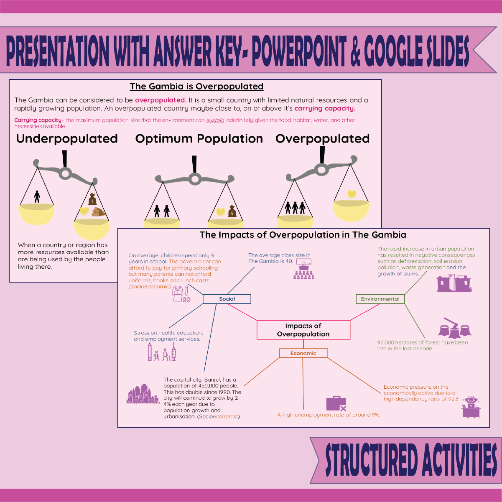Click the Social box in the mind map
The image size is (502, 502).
[x=227, y=299]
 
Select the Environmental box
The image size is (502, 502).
[x=380, y=299]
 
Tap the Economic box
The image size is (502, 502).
[x=303, y=353]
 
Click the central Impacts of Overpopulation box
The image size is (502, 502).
[x=303, y=330]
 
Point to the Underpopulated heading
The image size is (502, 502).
[x=67, y=139]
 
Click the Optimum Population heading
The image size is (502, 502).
[x=199, y=139]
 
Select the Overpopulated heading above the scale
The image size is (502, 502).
[x=323, y=139]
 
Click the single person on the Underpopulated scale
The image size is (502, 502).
[x=37, y=196]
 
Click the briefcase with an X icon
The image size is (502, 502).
[x=336, y=404]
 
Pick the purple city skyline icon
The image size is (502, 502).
[x=143, y=394]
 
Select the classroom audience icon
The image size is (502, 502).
[x=304, y=269]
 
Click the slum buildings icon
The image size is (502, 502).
[x=454, y=283]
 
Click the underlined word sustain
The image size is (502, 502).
[x=215, y=120]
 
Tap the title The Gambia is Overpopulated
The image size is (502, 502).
[x=196, y=86]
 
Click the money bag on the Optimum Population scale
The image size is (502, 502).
[x=232, y=211]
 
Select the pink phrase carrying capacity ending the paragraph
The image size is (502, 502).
[x=325, y=108]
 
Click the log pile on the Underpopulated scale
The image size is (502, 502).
[x=99, y=212]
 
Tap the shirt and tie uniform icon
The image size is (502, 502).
[x=181, y=294]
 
